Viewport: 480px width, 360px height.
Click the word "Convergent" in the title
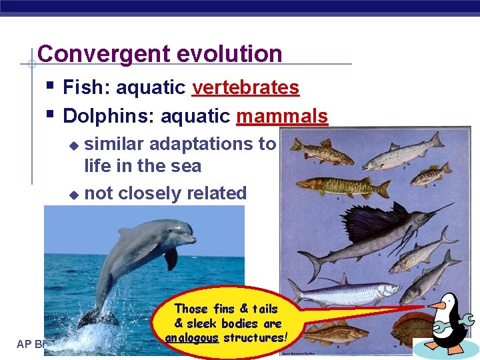coord(93,54)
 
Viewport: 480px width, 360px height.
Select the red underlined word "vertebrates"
coord(245,87)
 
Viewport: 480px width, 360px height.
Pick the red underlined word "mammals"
coord(282,117)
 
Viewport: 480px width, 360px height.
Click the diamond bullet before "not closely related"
coord(74,195)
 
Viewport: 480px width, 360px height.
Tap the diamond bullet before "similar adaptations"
coord(74,145)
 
